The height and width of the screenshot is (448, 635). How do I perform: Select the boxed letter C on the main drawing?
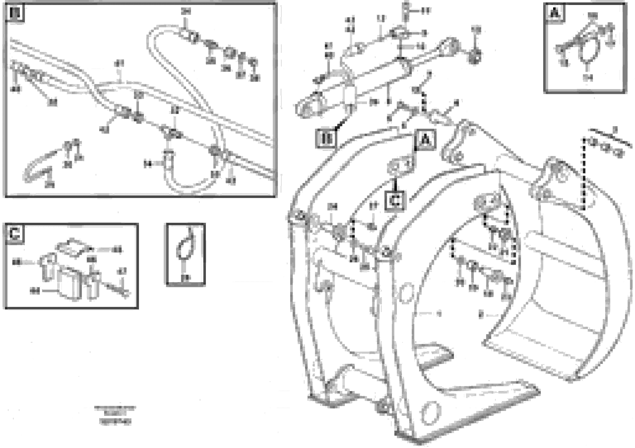[x=395, y=201]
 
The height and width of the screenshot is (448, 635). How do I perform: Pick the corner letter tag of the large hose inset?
[x=15, y=13]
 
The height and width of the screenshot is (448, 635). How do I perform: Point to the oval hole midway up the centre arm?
[x=406, y=293]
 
